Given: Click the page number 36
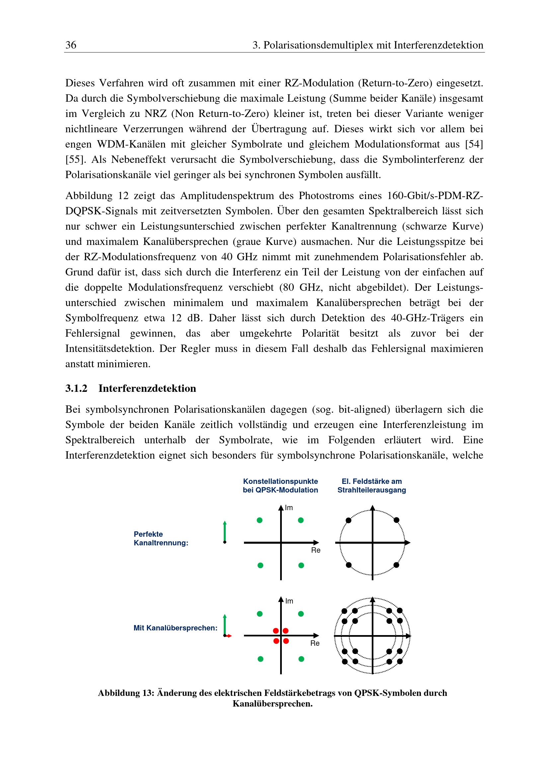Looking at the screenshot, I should coord(71,45).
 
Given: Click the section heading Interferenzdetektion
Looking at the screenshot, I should coord(147,388).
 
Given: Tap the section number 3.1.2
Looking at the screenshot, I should coord(76,388).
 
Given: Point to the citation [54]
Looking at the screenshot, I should coord(474,144).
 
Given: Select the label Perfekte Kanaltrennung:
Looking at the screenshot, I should coord(161,538).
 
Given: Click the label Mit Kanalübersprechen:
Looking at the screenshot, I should coord(175,628).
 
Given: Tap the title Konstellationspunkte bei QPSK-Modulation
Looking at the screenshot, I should coord(280,486).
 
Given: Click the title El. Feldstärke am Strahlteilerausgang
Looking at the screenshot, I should coord(371,486).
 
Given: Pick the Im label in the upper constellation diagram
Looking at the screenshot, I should coord(289,507).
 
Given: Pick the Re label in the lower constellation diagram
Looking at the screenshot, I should coord(315,643).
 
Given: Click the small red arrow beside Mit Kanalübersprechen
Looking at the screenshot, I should coord(229,636).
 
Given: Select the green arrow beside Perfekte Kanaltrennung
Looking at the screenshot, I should coord(225,532).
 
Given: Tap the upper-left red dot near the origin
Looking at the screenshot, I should coord(276,630).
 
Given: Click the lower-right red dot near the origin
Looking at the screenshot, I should coord(286,641).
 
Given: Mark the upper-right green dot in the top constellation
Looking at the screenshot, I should coord(300,520).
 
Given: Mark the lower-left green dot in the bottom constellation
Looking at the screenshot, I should coord(260,659).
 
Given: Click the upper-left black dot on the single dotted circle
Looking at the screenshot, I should coord(349,520).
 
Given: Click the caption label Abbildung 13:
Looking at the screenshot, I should coord(126,693).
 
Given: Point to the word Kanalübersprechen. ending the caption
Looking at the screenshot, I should coord(273,704).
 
